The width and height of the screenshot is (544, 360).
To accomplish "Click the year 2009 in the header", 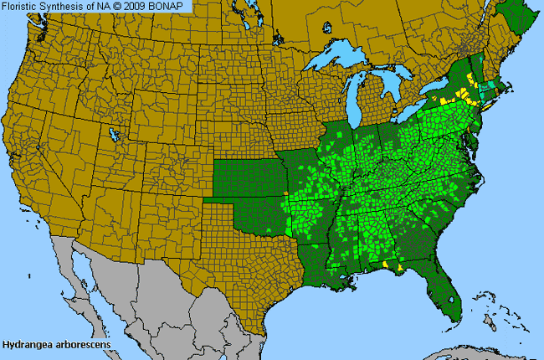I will coord(140,6).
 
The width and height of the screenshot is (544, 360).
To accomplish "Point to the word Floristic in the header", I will coord(21,6).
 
